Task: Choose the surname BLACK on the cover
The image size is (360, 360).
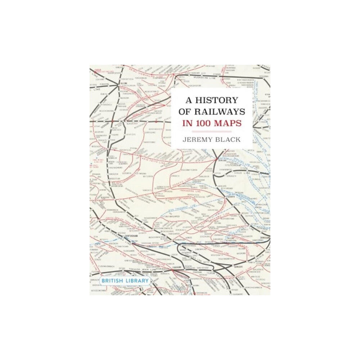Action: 230,139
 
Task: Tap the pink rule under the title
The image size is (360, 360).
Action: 211,131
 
